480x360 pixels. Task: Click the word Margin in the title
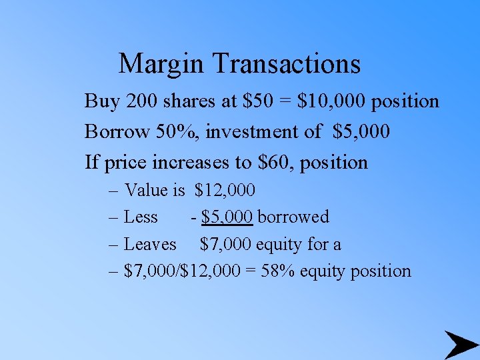click(x=162, y=64)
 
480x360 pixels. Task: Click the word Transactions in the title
click(x=287, y=64)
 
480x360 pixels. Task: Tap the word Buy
click(x=101, y=101)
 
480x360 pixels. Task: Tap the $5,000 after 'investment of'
click(x=361, y=132)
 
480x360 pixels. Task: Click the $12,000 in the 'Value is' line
click(x=225, y=191)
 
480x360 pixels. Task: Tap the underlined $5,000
click(x=227, y=217)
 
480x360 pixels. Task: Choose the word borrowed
click(x=293, y=217)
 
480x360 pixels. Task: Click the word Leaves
click(x=151, y=245)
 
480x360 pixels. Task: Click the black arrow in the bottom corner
click(x=460, y=345)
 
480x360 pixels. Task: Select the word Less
click(x=141, y=217)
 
